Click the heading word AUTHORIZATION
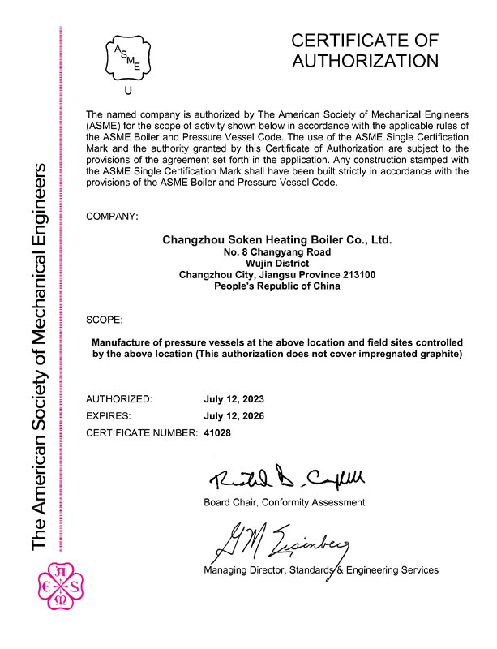tap(365, 61)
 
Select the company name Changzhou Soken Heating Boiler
tap(276, 240)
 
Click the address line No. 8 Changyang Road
tap(276, 252)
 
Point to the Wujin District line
tap(276, 264)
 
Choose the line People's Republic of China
tap(276, 286)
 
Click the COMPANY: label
tap(112, 217)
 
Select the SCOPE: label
tap(105, 320)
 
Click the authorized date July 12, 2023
tap(234, 400)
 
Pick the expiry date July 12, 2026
tap(234, 416)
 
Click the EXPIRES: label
tap(112, 416)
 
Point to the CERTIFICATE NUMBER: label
tap(142, 433)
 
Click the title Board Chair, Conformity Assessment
tap(284, 502)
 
